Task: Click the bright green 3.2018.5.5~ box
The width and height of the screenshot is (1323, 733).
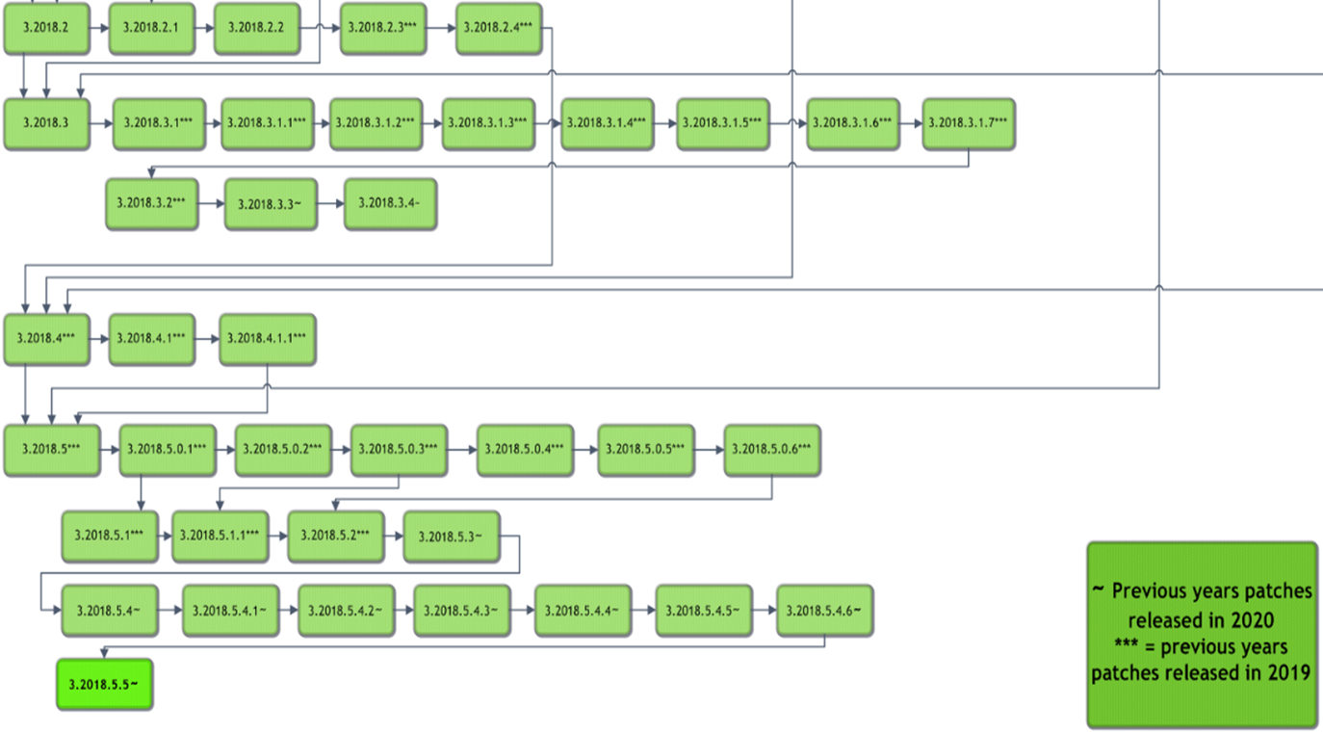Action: [x=104, y=684]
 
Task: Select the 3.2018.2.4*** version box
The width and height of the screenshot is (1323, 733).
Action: [x=498, y=28]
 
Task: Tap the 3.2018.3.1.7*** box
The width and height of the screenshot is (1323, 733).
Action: [x=968, y=123]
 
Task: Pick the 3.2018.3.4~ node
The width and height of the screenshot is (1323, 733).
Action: [x=390, y=203]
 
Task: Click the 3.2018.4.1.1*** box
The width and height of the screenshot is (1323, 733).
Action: [x=267, y=339]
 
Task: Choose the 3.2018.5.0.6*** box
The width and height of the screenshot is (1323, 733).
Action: [x=771, y=450]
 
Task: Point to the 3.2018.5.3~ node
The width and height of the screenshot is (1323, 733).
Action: [x=451, y=536]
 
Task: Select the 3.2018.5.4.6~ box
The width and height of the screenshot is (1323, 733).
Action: [x=824, y=611]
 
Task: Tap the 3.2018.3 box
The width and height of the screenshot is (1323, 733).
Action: [x=46, y=123]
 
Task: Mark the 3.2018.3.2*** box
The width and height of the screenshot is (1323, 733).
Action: [x=151, y=203]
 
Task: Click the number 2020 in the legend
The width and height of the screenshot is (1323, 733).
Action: [x=1249, y=618]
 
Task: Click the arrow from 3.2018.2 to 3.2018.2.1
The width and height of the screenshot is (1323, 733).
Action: [x=98, y=28]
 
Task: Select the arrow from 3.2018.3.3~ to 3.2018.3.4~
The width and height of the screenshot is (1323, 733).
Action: [x=329, y=203]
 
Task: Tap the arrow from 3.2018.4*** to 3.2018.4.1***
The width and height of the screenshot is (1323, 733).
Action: [x=98, y=339]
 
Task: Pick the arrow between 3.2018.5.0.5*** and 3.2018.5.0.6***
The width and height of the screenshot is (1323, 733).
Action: [x=709, y=450]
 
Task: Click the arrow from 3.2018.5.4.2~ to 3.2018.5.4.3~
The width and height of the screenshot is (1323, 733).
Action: [x=403, y=611]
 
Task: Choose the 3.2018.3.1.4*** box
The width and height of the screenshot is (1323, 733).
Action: [x=607, y=123]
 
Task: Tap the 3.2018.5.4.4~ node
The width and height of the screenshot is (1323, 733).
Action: [x=583, y=611]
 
